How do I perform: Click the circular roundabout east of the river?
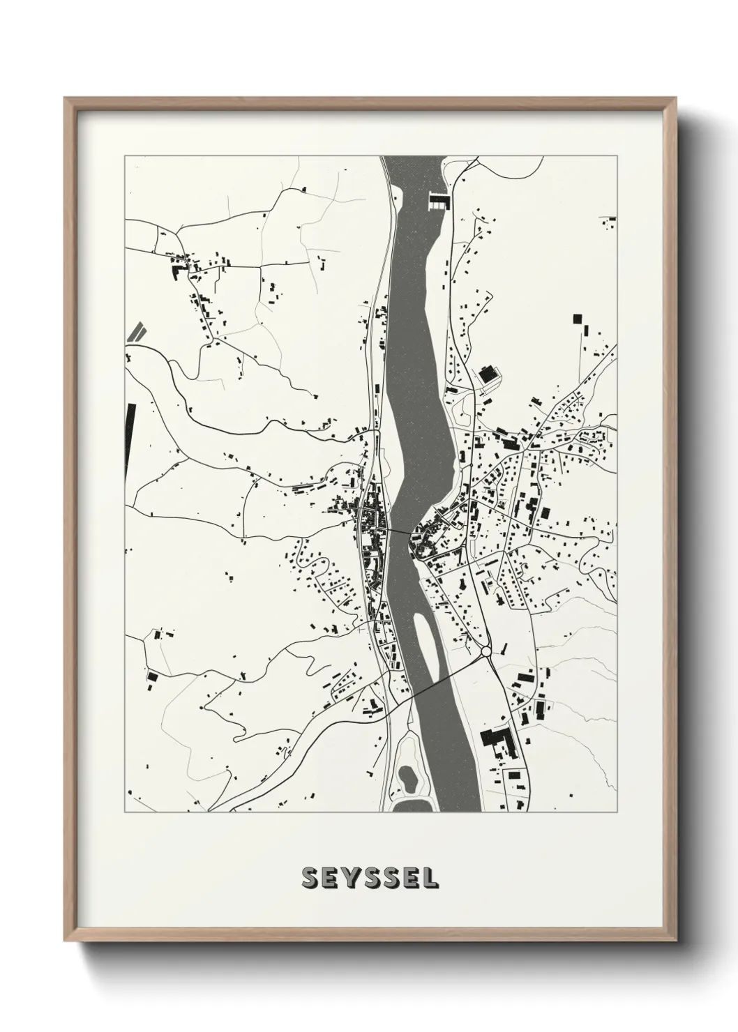486,652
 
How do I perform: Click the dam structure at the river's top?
437,202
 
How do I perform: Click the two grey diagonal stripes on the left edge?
136,331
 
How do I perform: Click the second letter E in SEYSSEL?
411,878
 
